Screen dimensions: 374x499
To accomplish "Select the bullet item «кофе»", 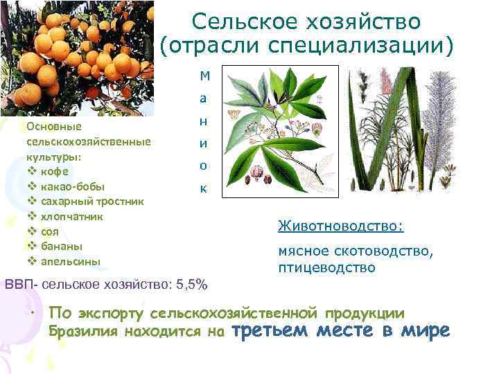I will click(53, 171).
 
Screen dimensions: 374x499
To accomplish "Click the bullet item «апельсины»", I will click(70, 261).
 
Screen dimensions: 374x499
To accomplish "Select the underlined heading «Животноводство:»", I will click(340, 226).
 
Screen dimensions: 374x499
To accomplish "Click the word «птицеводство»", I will click(326, 267).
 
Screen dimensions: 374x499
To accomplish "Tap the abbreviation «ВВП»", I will click(20, 284).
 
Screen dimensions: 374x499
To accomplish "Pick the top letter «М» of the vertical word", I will click(202, 75).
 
